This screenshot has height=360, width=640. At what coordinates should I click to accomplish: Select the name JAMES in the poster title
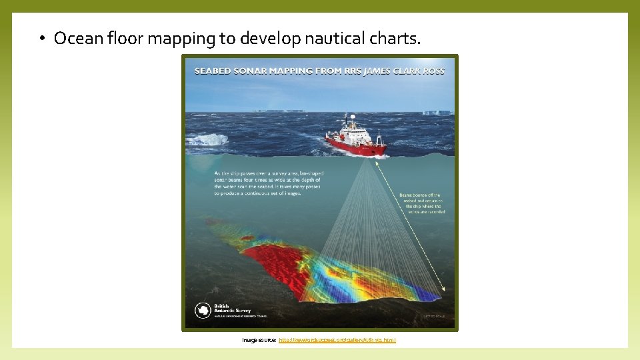(380, 70)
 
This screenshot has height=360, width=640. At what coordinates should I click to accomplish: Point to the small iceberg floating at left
(208, 139)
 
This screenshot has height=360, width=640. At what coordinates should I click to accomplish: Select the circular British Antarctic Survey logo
(202, 310)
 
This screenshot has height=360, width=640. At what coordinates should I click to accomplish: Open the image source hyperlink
(337, 340)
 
